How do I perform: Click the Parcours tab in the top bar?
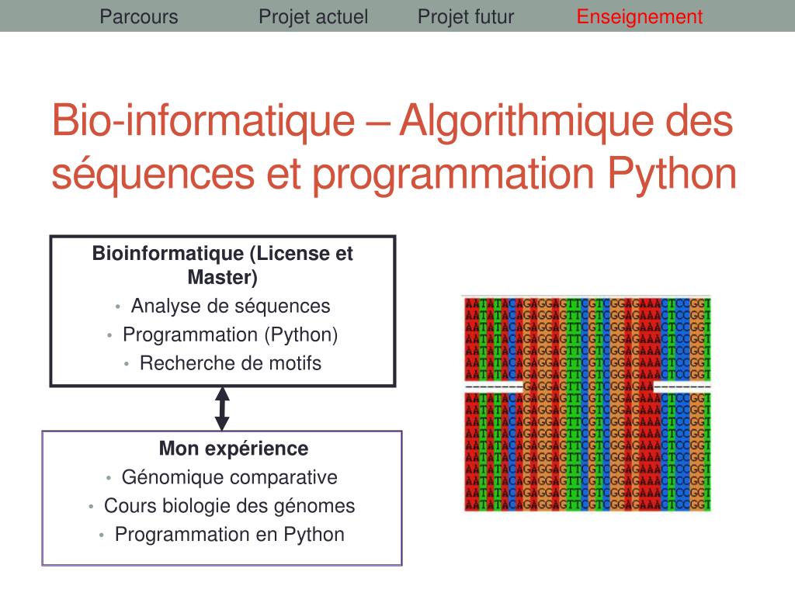tap(139, 17)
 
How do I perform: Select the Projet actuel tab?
tap(313, 17)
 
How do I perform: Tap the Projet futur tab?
tap(466, 17)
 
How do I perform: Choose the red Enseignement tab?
tap(639, 17)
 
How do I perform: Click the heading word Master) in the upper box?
tap(223, 277)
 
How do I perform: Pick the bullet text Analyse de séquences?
tap(231, 307)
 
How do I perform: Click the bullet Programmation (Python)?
tap(231, 335)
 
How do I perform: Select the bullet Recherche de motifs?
tap(231, 363)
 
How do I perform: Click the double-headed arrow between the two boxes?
tap(222, 409)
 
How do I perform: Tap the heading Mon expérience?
tap(234, 449)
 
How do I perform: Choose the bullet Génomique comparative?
tap(230, 477)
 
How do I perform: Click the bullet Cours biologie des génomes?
tap(230, 506)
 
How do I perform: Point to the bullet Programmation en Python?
tap(230, 535)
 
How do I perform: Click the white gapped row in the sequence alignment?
tap(587, 386)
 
